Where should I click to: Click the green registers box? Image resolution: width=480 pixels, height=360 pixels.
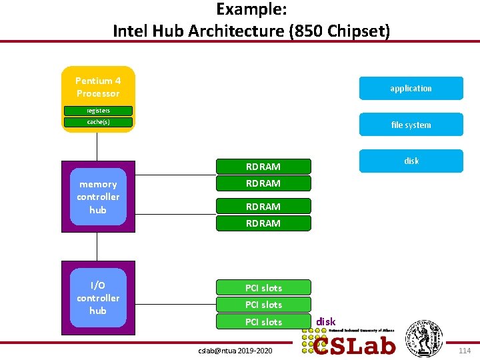pos(98,111)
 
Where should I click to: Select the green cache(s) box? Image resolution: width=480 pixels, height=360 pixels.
pos(98,122)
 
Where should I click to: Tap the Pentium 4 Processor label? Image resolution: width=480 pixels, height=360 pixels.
pos(98,87)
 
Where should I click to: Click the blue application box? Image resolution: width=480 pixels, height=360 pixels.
pos(411,88)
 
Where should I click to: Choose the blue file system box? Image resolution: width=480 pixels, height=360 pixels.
pos(411,125)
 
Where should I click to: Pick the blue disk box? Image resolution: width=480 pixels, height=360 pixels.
pos(411,161)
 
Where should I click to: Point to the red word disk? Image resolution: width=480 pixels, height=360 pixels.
pos(325,321)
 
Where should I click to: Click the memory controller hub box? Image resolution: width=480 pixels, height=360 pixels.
pos(98,197)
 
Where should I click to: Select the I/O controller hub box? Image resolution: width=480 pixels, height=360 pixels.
pos(98,298)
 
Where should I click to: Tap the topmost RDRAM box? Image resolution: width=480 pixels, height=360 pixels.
pos(263,167)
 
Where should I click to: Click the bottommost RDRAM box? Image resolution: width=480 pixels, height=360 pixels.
pos(263,223)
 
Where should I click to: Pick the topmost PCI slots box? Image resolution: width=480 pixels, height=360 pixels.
pos(263,288)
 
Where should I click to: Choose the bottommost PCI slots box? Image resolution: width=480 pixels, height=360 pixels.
pos(263,322)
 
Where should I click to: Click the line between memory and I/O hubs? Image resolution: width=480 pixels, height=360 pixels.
pos(97,247)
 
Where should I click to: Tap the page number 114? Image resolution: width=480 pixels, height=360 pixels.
pos(465,351)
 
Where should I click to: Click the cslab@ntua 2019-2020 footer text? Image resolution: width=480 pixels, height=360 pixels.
pos(234,351)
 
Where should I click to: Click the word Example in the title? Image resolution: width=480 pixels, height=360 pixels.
pos(241,9)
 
